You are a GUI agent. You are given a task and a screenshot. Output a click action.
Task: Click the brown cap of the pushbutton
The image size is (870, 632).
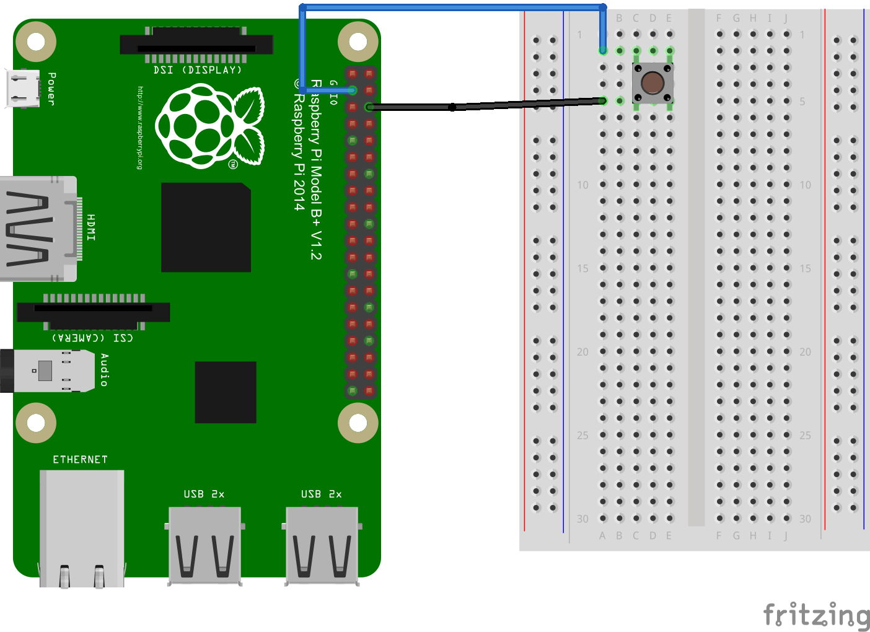(652, 82)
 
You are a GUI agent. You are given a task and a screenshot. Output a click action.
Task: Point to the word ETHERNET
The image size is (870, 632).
(80, 460)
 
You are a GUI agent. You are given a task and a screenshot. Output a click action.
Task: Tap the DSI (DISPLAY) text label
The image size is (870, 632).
(197, 70)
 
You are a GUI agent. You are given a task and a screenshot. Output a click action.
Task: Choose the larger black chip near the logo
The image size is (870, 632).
(206, 227)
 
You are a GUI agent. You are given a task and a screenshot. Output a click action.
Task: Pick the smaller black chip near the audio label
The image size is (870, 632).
(226, 392)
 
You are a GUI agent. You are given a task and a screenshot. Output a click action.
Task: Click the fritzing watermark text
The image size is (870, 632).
(816, 615)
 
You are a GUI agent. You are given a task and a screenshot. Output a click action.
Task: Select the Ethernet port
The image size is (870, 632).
(82, 527)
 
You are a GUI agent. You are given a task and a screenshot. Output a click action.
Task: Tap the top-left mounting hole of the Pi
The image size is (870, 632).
(36, 42)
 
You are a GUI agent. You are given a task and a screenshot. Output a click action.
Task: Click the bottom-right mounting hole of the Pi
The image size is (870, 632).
(358, 423)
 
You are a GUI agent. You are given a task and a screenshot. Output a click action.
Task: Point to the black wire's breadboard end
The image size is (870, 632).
(603, 100)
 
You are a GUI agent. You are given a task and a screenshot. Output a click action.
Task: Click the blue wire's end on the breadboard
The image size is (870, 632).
(603, 50)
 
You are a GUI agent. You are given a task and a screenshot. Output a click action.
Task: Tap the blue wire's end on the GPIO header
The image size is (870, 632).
(353, 90)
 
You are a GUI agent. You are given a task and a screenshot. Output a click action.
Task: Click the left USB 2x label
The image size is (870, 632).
(204, 494)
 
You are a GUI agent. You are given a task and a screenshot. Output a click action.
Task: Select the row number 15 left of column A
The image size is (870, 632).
(582, 268)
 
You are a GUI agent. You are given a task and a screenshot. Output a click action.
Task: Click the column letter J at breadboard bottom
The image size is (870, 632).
(786, 535)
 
